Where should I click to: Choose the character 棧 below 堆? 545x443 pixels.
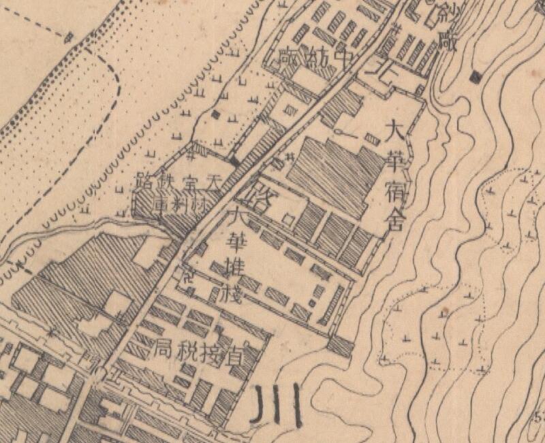236,294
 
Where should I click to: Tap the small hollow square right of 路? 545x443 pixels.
289,219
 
